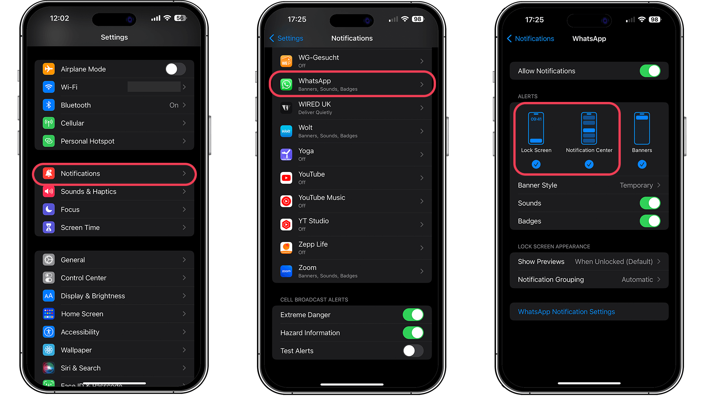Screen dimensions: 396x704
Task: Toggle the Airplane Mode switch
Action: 175,69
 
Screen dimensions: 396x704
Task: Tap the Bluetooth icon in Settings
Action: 49,105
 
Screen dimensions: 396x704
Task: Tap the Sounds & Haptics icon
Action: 49,191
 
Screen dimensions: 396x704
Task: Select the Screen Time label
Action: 80,228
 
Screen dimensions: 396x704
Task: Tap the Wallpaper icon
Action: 49,350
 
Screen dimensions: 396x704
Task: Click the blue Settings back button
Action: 286,38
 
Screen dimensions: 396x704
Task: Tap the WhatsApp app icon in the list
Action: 286,84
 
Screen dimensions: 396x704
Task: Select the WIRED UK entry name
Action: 315,104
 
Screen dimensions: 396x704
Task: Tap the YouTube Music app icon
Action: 286,201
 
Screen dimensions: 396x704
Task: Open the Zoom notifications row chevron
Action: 422,271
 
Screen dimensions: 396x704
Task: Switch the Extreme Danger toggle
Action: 413,315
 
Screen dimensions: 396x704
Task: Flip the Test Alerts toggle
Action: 413,351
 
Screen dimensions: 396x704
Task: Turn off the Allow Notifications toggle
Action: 650,71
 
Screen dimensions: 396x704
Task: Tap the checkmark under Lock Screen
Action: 536,164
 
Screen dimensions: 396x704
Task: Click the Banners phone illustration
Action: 642,128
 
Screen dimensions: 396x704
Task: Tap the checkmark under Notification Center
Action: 589,164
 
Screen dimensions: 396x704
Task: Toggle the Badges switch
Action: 650,221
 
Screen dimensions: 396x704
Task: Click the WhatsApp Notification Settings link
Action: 566,312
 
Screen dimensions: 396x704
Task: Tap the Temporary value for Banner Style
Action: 636,185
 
